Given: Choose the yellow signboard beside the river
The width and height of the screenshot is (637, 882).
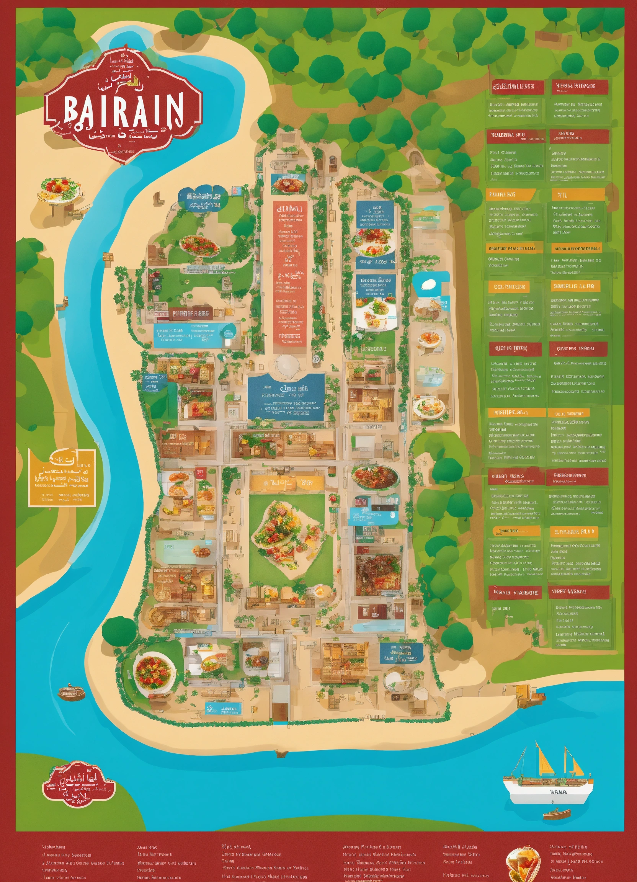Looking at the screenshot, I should click(62, 478).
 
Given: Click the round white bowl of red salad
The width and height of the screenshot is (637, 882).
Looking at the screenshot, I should click(154, 671).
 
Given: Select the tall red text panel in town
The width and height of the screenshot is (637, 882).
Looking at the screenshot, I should click(290, 273).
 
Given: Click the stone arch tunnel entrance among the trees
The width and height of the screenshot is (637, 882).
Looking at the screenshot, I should click(416, 158).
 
